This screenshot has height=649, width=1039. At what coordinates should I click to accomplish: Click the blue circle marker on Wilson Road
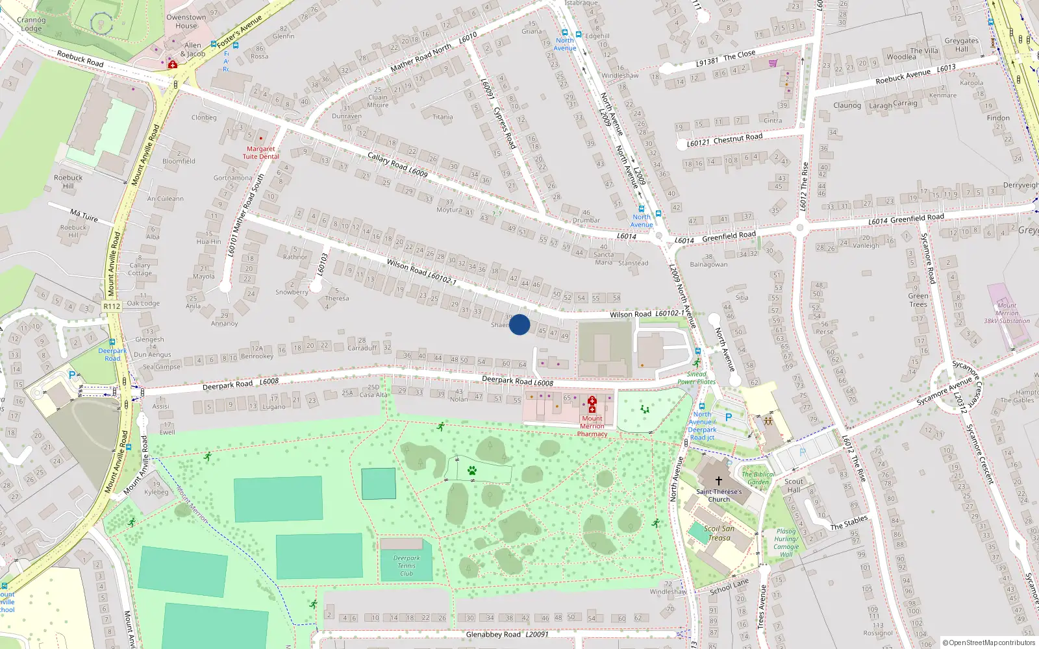pos(519,324)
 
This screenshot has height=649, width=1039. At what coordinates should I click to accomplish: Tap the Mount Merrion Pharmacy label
pos(592,426)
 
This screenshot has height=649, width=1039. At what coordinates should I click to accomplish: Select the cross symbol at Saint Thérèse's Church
pos(718,481)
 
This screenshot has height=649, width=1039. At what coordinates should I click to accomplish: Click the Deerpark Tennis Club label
pos(407,566)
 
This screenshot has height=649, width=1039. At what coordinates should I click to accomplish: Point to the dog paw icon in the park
pos(472,471)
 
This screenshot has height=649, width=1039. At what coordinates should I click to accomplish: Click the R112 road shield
pos(112,306)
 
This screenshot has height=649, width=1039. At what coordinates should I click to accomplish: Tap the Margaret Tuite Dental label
pos(260,153)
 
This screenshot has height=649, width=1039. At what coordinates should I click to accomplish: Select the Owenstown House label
pos(186,21)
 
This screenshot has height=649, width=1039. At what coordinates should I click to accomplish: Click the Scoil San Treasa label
pos(720,533)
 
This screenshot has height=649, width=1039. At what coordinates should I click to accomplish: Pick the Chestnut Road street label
pos(738,138)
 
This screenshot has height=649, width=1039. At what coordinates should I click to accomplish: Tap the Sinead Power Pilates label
pos(696,378)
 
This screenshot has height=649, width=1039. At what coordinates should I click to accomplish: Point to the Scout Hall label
pos(794,485)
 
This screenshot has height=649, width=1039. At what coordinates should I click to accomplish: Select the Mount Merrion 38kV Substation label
pos(1007,313)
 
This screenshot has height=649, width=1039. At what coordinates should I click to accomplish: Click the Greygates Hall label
pos(961,45)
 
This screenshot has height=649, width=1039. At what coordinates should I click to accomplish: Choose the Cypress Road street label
pos(505,128)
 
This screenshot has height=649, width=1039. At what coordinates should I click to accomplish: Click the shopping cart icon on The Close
pos(773,63)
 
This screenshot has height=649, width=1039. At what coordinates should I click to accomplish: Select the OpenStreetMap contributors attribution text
pos(989,643)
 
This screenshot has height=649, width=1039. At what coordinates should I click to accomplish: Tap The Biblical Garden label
pos(758,478)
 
